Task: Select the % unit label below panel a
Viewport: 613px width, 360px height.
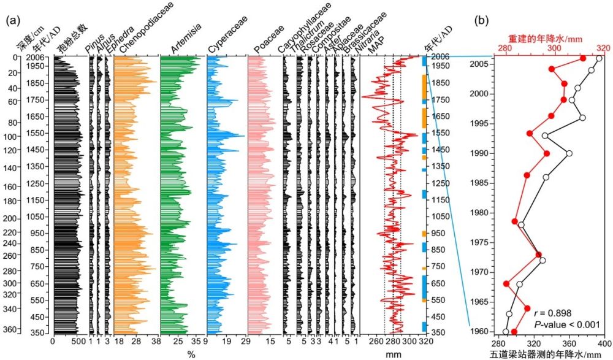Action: tap(191, 354)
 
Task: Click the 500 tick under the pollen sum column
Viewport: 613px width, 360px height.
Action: tap(77, 342)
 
